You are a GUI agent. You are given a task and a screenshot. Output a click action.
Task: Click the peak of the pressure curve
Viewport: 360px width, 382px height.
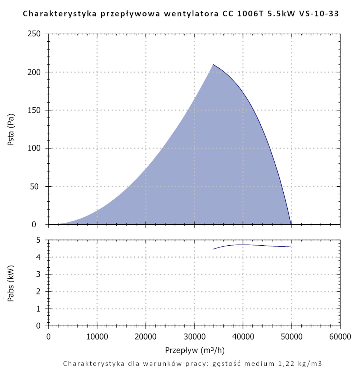coord(213,65)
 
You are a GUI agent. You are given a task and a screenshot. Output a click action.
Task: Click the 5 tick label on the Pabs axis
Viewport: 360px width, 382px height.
coord(43,240)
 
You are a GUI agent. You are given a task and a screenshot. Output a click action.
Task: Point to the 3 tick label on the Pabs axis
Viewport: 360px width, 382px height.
coord(43,274)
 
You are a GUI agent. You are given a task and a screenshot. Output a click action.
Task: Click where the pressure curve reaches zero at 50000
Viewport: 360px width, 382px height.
coord(291,224)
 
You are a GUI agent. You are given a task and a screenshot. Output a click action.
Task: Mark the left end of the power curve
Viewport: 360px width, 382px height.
coord(213,249)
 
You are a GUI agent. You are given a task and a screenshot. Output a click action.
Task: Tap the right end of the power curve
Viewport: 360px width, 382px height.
coord(291,246)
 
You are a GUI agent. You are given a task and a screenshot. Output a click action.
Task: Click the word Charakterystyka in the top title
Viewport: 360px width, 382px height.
coord(57,14)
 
